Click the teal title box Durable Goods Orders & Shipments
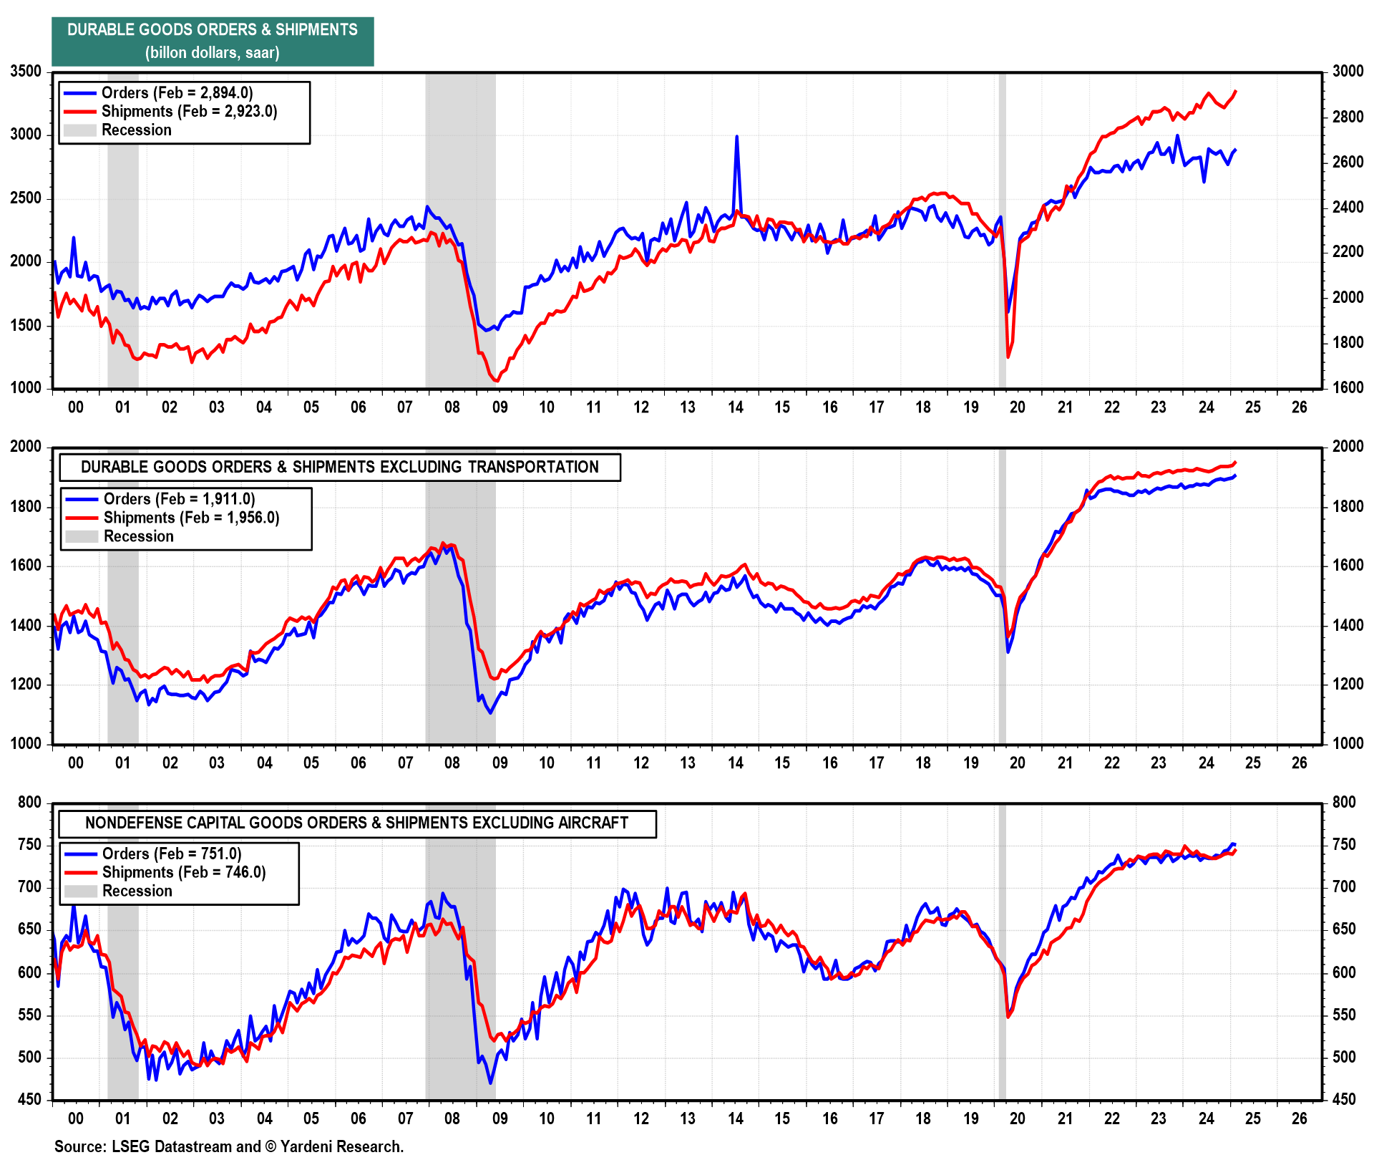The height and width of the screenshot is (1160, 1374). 213,41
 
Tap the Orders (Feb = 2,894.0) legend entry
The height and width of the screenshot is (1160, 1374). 177,92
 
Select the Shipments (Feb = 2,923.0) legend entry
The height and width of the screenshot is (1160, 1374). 189,111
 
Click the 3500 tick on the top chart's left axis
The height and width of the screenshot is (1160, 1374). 26,71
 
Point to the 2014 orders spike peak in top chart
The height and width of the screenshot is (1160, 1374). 736,136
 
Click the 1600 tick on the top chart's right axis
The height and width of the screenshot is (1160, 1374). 1348,387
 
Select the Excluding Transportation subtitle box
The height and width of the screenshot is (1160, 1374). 339,467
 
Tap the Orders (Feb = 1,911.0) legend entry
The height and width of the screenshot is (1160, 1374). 179,498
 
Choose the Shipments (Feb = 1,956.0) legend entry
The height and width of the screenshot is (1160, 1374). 191,517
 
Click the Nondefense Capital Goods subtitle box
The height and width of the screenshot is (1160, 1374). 356,823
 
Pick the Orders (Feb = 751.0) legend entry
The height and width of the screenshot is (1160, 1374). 172,853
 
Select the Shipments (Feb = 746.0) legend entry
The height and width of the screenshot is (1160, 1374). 184,871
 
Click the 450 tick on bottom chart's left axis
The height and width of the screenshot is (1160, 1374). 30,1098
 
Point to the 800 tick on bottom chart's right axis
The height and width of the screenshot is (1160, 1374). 1344,802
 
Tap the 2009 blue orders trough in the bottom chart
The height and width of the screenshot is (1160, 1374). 491,1083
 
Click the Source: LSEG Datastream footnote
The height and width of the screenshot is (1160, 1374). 229,1146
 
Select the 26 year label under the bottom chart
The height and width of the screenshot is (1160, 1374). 1299,1118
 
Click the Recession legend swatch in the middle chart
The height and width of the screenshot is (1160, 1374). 82,536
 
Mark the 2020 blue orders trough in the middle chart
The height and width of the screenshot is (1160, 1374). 1008,652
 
